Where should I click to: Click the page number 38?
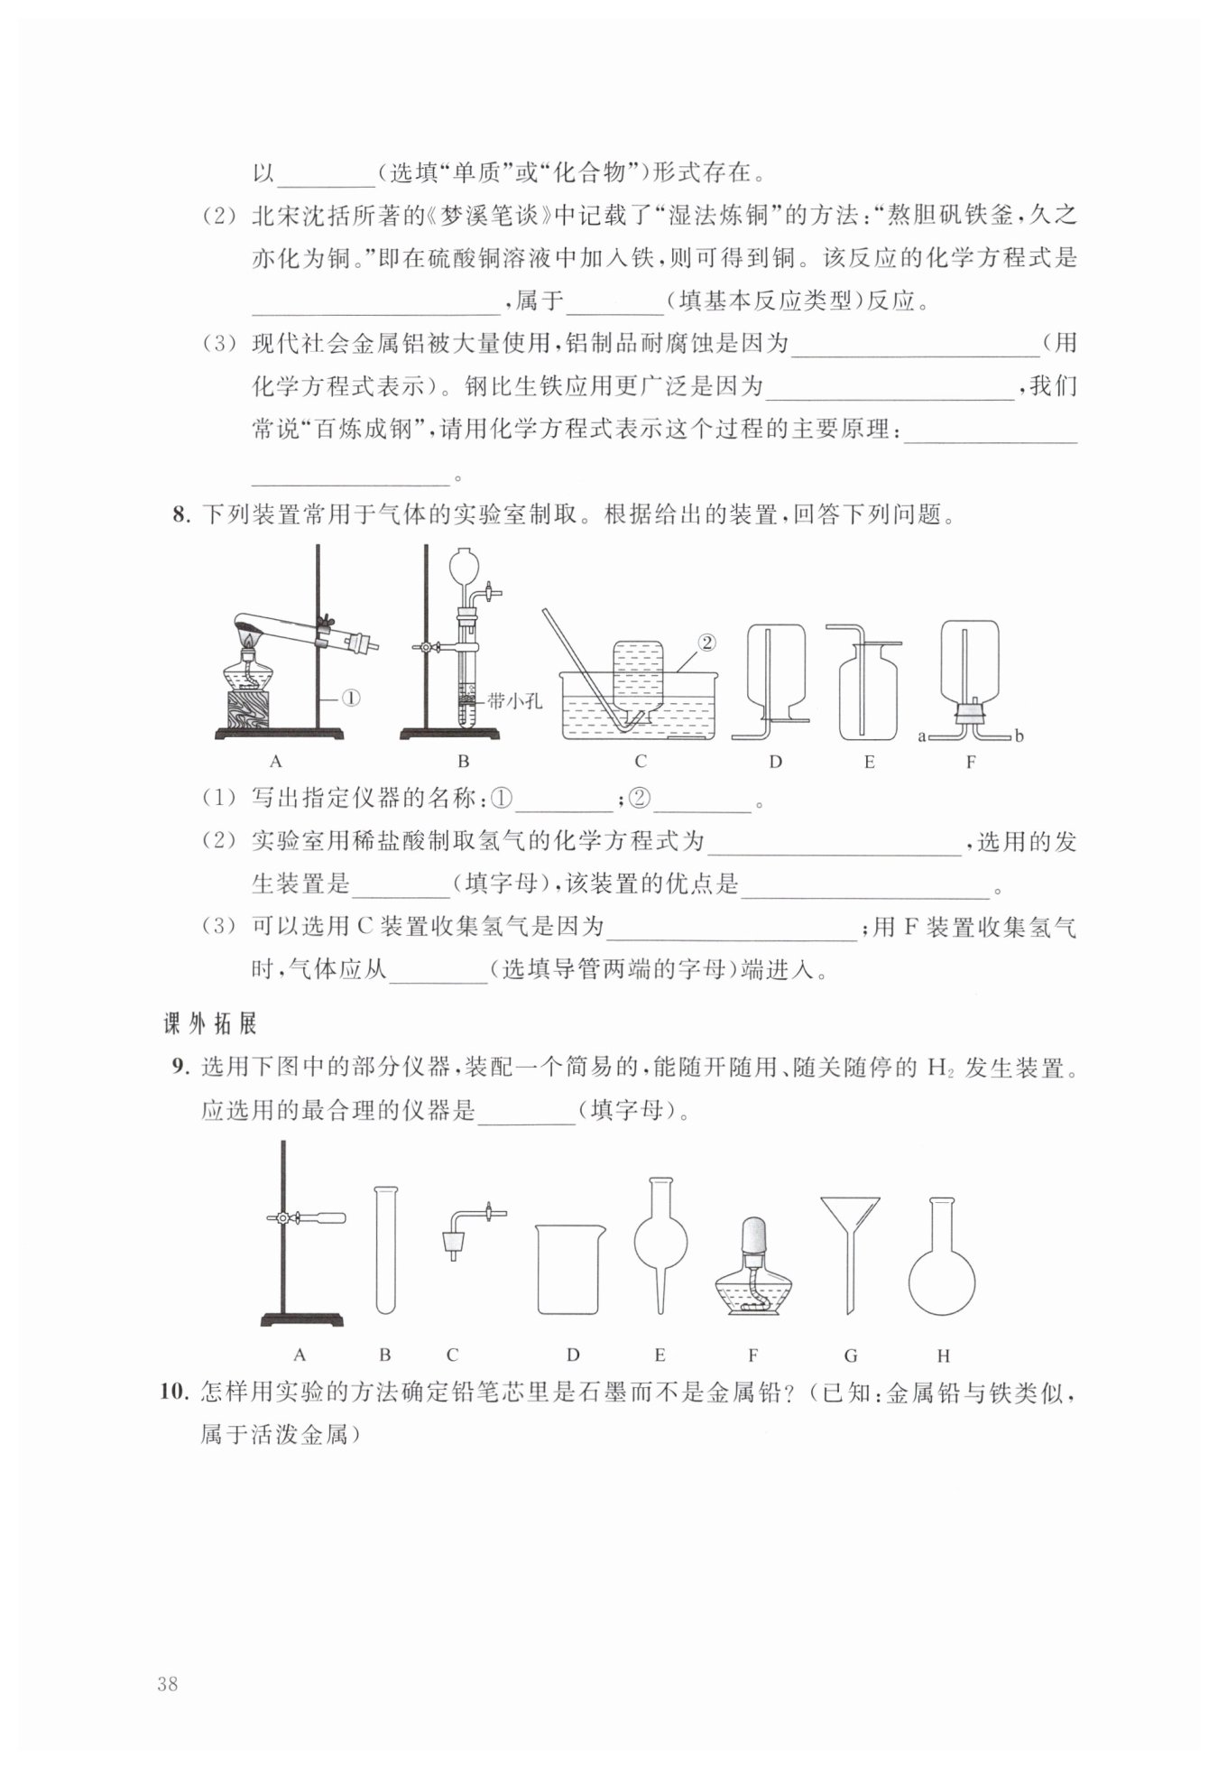(167, 1683)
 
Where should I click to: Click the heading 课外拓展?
(210, 1023)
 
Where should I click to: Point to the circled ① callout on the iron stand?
(350, 698)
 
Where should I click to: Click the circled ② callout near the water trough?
(706, 642)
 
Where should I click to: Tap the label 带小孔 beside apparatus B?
(515, 700)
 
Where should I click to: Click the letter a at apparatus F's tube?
(922, 736)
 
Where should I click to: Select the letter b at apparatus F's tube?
(1019, 736)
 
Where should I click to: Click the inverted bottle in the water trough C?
(639, 677)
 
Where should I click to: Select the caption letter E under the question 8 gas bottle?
(869, 762)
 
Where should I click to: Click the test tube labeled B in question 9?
(385, 1250)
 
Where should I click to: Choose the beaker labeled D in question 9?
(569, 1269)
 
